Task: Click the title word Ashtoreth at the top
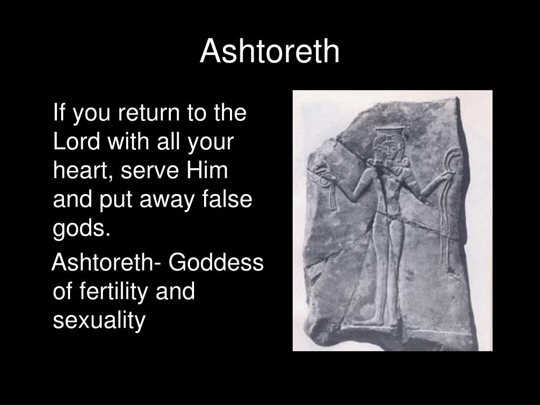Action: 269,52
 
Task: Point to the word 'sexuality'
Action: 99,321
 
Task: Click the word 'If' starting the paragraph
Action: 59,113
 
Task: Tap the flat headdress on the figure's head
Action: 390,130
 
